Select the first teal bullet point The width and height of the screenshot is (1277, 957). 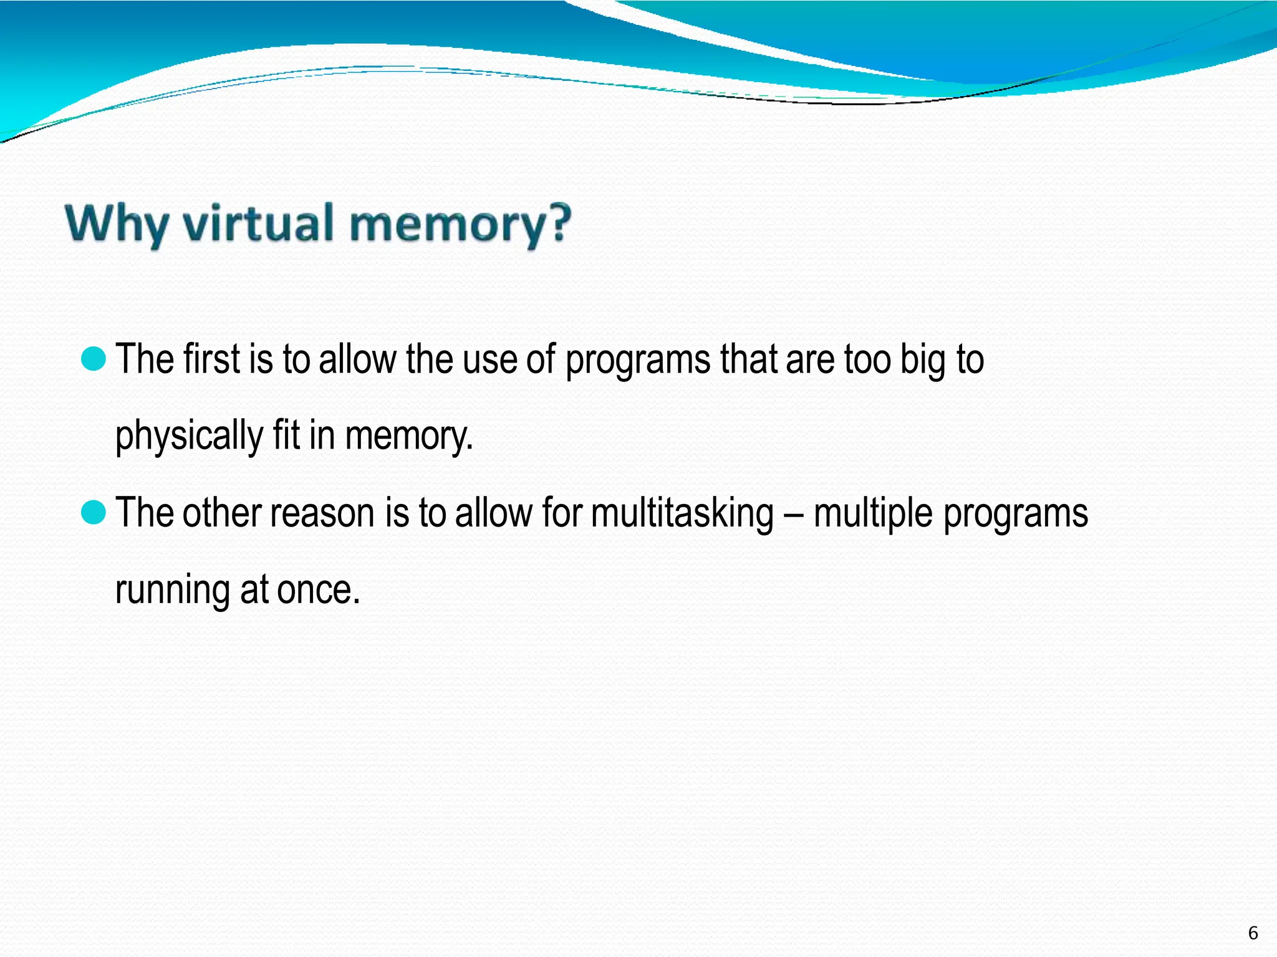[94, 359]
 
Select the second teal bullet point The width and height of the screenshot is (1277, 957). [94, 513]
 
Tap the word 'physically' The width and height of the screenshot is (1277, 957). [189, 436]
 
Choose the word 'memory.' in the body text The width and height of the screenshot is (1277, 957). [409, 436]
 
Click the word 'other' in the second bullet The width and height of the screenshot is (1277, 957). [221, 513]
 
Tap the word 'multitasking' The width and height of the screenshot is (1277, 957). [682, 515]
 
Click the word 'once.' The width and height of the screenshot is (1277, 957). [319, 589]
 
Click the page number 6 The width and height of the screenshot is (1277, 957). [1253, 933]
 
